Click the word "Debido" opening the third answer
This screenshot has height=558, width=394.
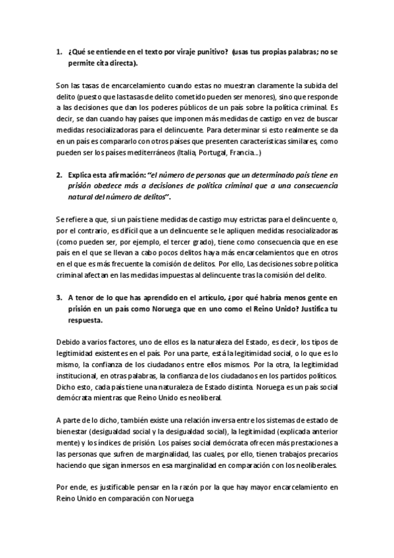(68, 341)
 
